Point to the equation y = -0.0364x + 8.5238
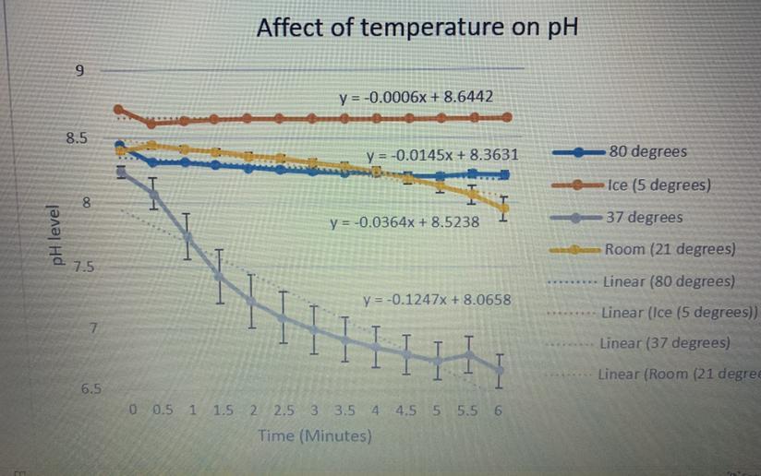coord(405,222)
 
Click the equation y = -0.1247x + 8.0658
coord(437,300)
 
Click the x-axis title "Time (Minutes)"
coord(316,435)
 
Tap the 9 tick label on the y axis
coord(79,71)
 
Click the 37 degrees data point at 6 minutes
coord(500,370)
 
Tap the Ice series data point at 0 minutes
coord(118,109)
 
